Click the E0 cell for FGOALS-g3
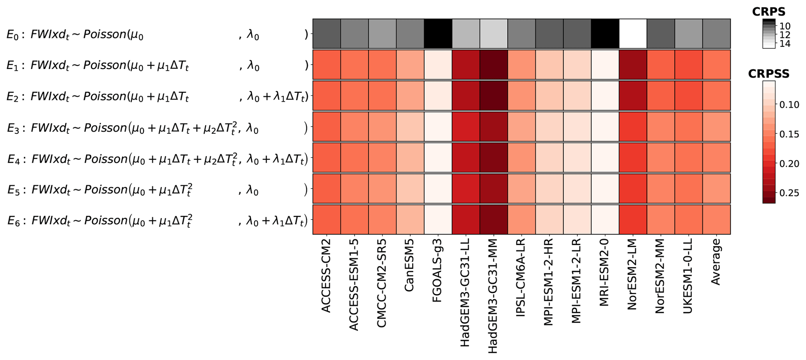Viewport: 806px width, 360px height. click(438, 34)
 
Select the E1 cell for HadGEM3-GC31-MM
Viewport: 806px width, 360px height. click(494, 65)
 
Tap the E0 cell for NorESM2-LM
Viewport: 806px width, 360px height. click(633, 34)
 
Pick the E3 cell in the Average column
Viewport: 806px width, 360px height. click(716, 127)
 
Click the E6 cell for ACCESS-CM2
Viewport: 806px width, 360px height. click(327, 220)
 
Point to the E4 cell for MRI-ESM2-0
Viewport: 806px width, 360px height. click(605, 158)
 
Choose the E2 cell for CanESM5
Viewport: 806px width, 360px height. click(410, 96)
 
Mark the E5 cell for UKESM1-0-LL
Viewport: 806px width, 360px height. click(689, 189)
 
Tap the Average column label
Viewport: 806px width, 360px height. click(716, 262)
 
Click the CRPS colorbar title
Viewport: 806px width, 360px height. click(769, 12)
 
